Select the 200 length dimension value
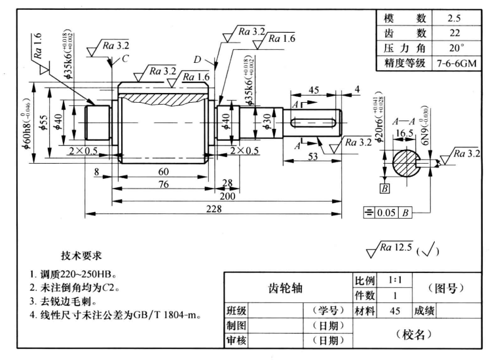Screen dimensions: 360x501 (x=227, y=196)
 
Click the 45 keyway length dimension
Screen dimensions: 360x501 (x=313, y=90)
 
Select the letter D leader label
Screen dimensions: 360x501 (x=197, y=60)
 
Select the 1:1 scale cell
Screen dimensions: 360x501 (x=394, y=279)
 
